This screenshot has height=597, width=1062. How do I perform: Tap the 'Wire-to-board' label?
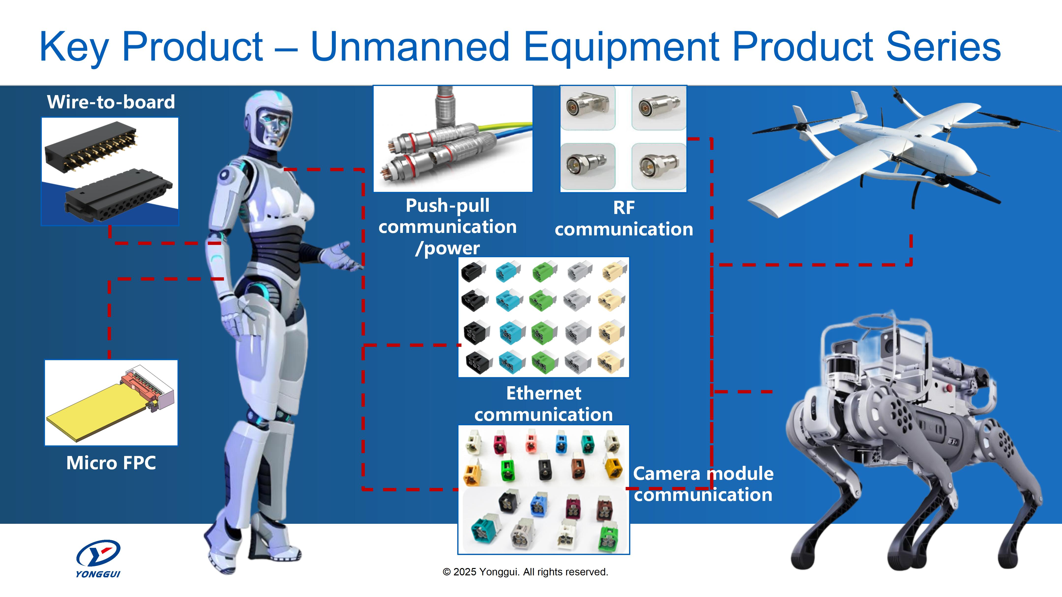111,102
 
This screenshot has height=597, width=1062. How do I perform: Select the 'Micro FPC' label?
111,463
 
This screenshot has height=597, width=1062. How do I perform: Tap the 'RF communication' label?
623,218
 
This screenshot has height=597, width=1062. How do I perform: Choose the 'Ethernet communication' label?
543,404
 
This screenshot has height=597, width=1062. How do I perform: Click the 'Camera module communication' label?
703,484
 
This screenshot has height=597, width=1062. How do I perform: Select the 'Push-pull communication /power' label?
448,227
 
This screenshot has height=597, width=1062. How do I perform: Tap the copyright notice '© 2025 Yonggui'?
525,572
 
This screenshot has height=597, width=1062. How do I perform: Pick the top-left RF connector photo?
588,108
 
